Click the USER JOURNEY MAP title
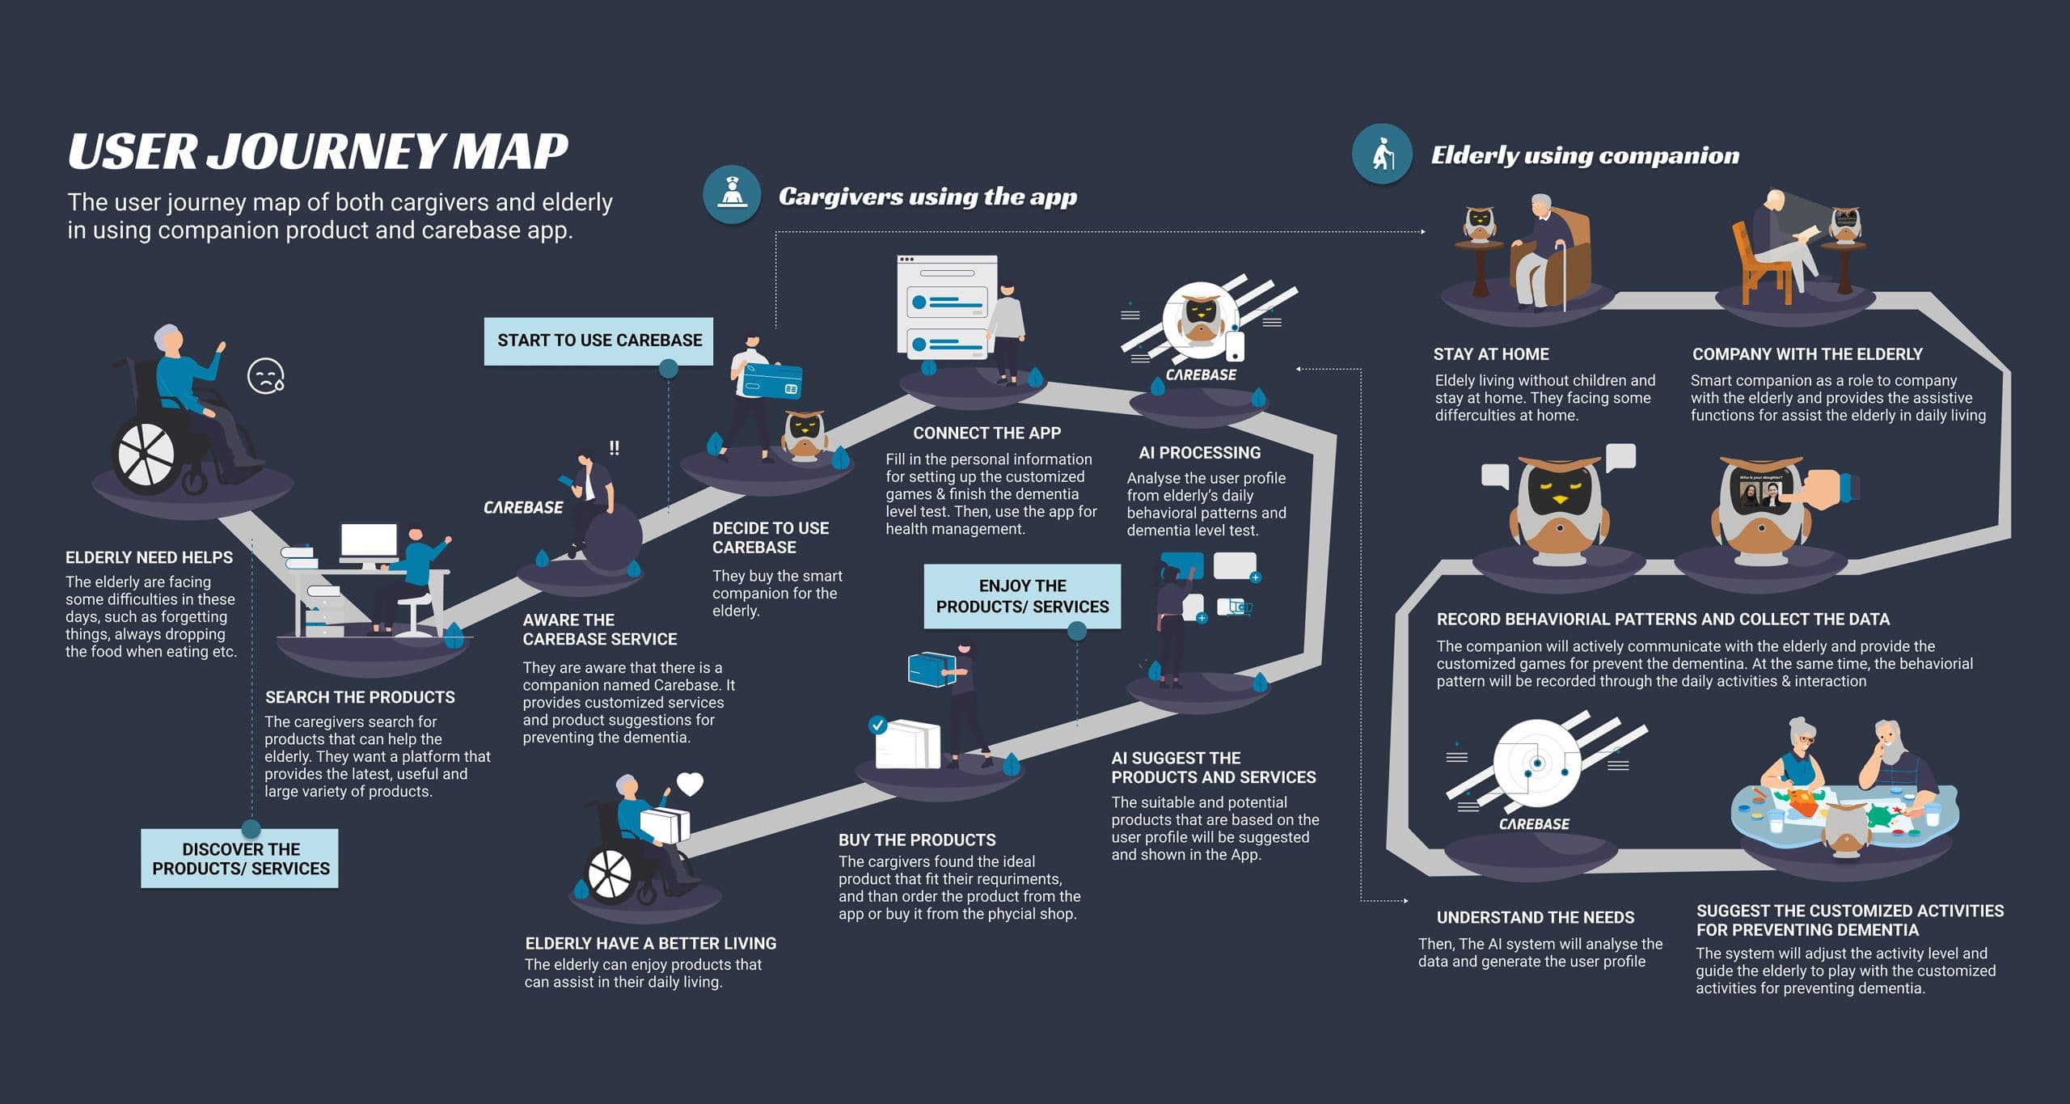[x=318, y=151]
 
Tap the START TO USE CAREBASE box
[x=599, y=341]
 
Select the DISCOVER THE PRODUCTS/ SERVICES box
[x=240, y=858]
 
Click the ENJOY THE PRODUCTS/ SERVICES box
[x=1022, y=596]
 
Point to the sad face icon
[x=265, y=376]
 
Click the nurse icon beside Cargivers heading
[x=732, y=195]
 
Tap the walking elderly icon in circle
[x=1382, y=154]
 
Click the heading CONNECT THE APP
[x=986, y=433]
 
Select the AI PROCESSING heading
[x=1199, y=452]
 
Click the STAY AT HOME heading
[x=1490, y=354]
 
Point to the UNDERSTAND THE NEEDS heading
[x=1535, y=917]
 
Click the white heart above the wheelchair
[x=690, y=784]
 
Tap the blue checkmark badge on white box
[x=877, y=724]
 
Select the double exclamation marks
[x=615, y=447]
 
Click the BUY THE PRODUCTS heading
[x=917, y=840]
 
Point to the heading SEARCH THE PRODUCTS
[x=360, y=697]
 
